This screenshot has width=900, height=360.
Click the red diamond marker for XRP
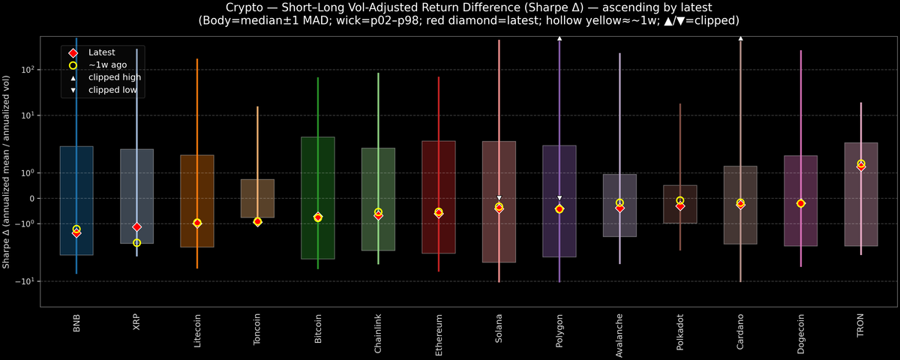[136, 226]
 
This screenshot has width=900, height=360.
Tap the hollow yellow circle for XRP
[136, 243]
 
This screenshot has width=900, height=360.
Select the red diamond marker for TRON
[861, 166]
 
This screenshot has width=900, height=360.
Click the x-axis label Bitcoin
[318, 329]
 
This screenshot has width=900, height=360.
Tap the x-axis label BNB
[76, 323]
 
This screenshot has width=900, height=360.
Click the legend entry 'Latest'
[102, 52]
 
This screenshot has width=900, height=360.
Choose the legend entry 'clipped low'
[112, 90]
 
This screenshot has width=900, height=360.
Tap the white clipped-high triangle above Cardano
[740, 37]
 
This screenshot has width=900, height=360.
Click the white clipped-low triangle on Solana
[499, 198]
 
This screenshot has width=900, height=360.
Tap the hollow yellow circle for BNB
[76, 229]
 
